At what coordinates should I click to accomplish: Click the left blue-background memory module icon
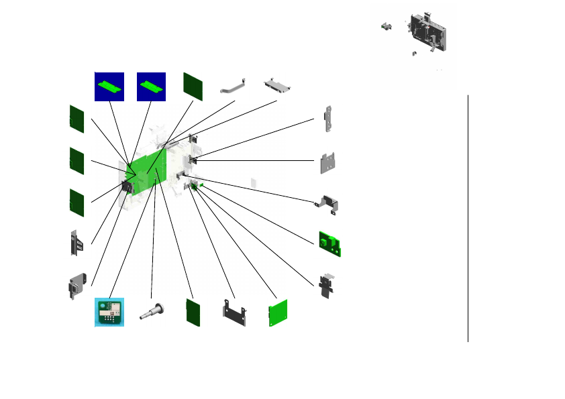(109, 86)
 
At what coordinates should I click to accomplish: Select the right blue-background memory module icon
(152, 86)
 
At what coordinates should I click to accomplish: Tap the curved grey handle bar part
(234, 87)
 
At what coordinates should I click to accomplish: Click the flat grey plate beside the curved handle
(278, 85)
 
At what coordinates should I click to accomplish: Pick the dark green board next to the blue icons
(193, 86)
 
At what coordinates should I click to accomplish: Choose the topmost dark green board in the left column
(76, 119)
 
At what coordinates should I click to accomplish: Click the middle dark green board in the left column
(76, 161)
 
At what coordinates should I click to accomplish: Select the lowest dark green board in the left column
(76, 203)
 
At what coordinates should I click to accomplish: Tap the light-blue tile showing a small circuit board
(109, 312)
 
